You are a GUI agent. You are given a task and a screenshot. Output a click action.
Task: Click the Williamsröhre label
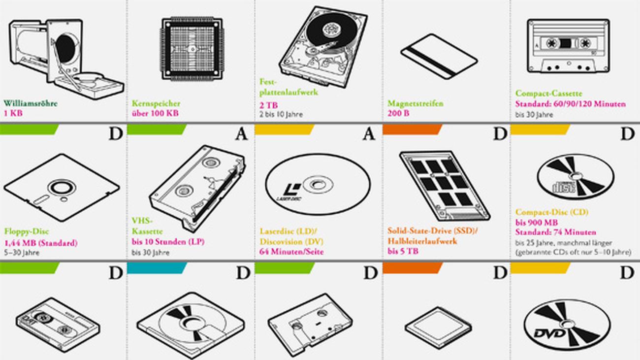coord(31,103)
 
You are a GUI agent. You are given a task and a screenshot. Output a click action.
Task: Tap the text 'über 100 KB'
coord(155,113)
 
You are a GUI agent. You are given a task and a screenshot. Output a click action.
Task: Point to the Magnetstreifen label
coord(415,103)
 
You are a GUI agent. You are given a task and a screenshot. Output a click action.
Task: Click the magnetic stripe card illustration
coord(439,56)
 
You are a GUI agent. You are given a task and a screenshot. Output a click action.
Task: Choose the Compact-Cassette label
coord(548,93)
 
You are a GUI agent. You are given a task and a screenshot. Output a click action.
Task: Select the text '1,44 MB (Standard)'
coord(41,242)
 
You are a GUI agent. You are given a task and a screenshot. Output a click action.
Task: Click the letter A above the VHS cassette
coord(241,134)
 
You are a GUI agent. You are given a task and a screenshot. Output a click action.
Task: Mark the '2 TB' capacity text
coord(268,104)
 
